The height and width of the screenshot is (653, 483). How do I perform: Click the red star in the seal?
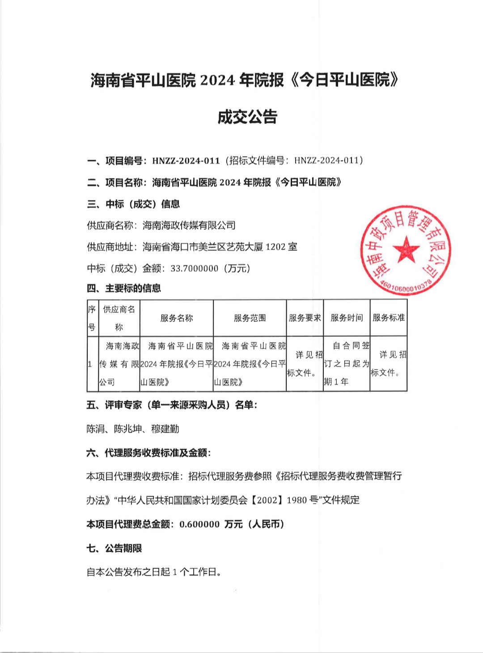[x=406, y=249]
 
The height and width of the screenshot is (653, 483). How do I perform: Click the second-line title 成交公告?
[x=247, y=117]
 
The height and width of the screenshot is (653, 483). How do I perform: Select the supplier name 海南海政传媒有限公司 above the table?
[x=189, y=225]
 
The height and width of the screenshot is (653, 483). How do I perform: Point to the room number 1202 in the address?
[x=276, y=247]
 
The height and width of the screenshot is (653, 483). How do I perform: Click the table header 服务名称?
[x=177, y=318]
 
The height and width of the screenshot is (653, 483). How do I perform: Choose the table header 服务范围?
[x=250, y=318]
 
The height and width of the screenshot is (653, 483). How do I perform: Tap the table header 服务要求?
[x=305, y=318]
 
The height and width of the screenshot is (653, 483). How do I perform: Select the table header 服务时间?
[x=347, y=318]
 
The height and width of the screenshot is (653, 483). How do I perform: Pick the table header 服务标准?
[x=389, y=318]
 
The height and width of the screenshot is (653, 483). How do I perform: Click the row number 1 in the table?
[x=90, y=364]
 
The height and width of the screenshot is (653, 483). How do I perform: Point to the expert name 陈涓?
[x=95, y=429]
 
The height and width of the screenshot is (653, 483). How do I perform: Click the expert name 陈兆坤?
[x=128, y=429]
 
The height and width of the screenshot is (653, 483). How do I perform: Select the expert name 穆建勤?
[x=165, y=429]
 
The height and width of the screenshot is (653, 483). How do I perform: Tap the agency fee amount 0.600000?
[x=199, y=524]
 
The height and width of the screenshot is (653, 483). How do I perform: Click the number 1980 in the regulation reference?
[x=297, y=500]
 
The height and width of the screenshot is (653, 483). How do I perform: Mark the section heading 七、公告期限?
[x=114, y=548]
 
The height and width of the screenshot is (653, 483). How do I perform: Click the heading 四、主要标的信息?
[x=124, y=288]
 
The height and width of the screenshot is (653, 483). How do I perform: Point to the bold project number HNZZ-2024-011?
[x=186, y=161]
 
